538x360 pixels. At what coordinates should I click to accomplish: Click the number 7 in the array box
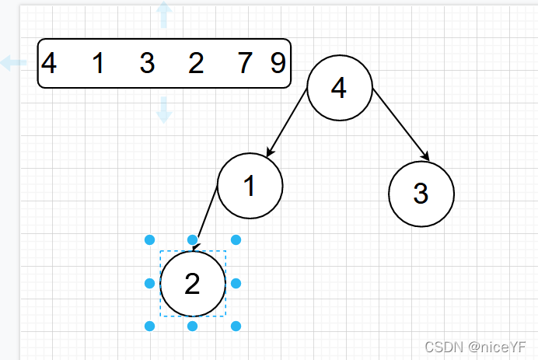[x=245, y=63]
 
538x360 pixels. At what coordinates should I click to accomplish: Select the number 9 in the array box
[x=278, y=63]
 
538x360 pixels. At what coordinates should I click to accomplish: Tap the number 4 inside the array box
[x=49, y=63]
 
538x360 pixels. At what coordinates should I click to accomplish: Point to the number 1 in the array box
[x=98, y=63]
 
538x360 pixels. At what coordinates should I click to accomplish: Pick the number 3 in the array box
[x=147, y=63]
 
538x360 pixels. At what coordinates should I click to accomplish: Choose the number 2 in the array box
[x=196, y=63]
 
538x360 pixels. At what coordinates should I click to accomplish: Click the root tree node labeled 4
[x=339, y=89]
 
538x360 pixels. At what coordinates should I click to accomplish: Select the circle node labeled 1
[x=250, y=186]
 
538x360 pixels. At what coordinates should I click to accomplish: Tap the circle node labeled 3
[x=421, y=194]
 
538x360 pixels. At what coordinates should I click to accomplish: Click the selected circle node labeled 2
[x=193, y=284]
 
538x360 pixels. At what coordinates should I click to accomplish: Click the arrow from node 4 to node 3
[x=400, y=124]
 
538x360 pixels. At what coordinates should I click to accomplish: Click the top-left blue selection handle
[x=150, y=240]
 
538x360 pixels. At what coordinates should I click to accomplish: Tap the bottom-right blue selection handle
[x=236, y=327]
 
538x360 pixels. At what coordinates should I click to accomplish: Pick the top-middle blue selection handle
[x=193, y=240]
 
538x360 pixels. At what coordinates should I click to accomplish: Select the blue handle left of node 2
[x=150, y=284]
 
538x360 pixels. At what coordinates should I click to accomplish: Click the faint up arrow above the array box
[x=163, y=14]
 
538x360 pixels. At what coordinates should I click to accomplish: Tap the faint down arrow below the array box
[x=163, y=110]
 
